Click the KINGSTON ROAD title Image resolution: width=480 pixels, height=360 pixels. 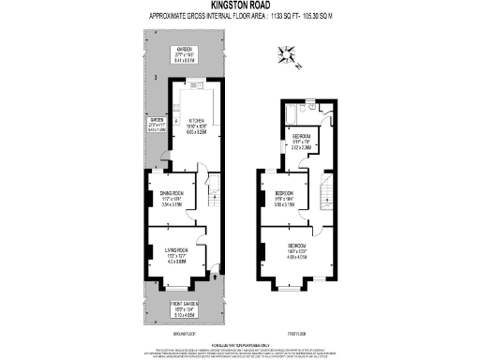coord(240,6)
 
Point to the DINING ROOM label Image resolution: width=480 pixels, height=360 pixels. coord(170,195)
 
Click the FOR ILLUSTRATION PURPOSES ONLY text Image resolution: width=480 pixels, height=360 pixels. coord(240,344)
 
